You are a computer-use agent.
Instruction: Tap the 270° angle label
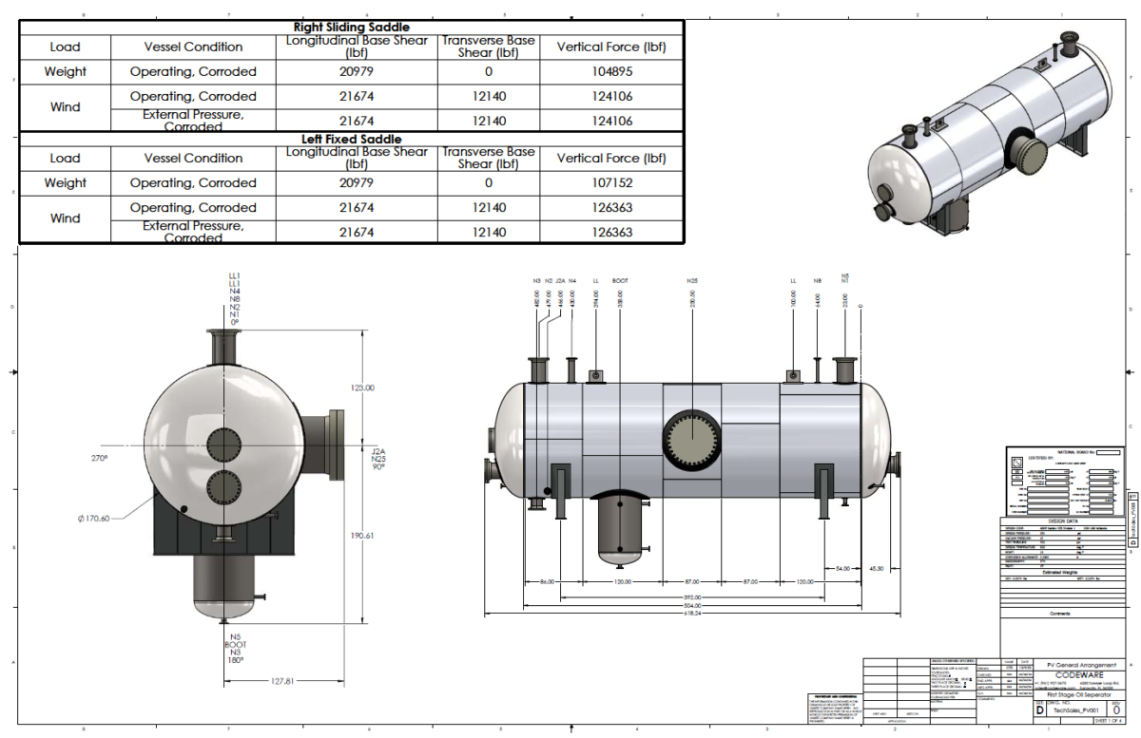(x=100, y=458)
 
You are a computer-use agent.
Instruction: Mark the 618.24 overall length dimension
(x=691, y=614)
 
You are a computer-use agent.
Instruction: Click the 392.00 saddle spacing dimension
(x=691, y=596)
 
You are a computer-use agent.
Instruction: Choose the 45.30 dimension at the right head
(x=876, y=569)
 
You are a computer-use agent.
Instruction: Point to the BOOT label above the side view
(x=620, y=281)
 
